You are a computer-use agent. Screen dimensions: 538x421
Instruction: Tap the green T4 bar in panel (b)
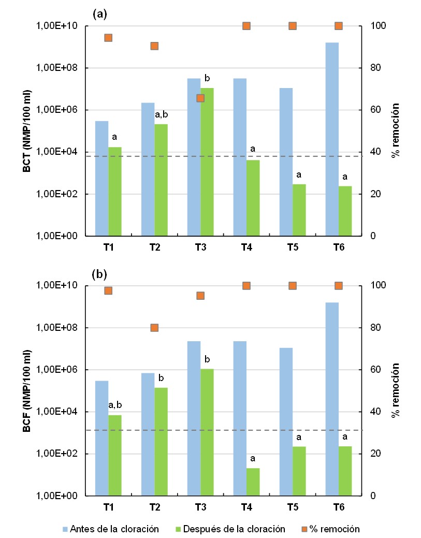point(253,482)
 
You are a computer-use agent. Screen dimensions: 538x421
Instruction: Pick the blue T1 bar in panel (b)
point(102,438)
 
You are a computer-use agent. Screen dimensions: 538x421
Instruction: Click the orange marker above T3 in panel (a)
point(200,98)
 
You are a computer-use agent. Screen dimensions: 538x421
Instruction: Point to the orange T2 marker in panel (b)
point(154,327)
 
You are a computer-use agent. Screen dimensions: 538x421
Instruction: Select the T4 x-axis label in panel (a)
point(246,247)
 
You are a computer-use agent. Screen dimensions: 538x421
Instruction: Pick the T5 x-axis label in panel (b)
point(292,507)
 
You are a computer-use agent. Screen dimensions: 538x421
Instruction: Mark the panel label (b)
point(99,274)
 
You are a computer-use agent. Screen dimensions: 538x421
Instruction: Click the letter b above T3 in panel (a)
point(207,79)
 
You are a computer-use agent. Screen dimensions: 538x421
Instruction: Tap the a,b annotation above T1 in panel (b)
point(115,404)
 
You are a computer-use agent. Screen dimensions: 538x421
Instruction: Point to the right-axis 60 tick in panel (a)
point(376,110)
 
